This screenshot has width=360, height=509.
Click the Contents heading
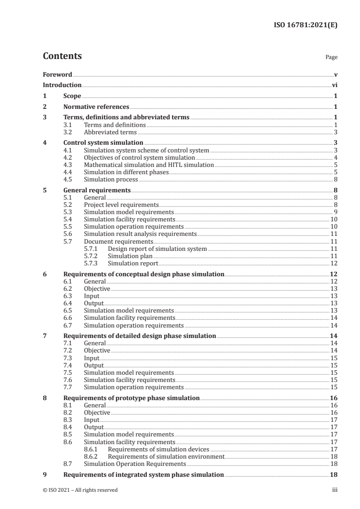[62, 57]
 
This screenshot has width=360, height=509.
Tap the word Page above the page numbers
[331, 58]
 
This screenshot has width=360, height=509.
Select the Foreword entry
[57, 74]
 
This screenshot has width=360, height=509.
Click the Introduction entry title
[62, 85]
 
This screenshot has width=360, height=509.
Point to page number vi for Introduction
[334, 85]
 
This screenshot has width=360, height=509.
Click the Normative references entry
[96, 107]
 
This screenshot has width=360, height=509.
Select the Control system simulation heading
[97, 142]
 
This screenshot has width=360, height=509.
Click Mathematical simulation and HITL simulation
[149, 165]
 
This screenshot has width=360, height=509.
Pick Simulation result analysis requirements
[140, 234]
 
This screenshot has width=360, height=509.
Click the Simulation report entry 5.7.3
[133, 264]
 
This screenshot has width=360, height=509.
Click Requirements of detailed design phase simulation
[139, 336]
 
